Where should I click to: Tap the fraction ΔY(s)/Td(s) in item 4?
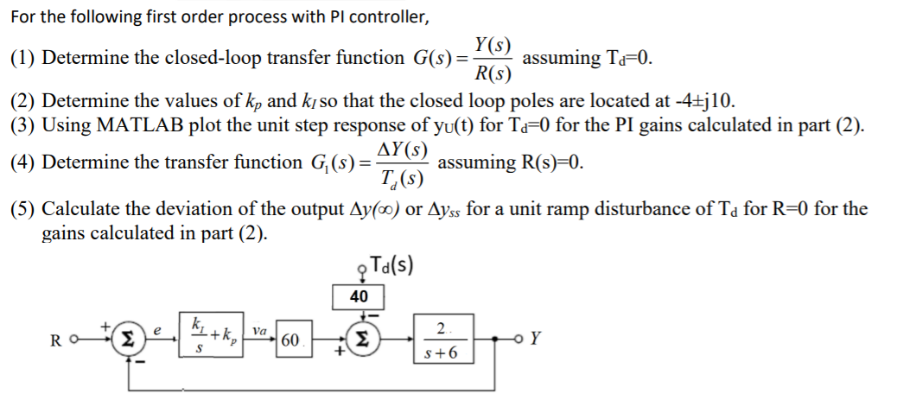click(x=405, y=162)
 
